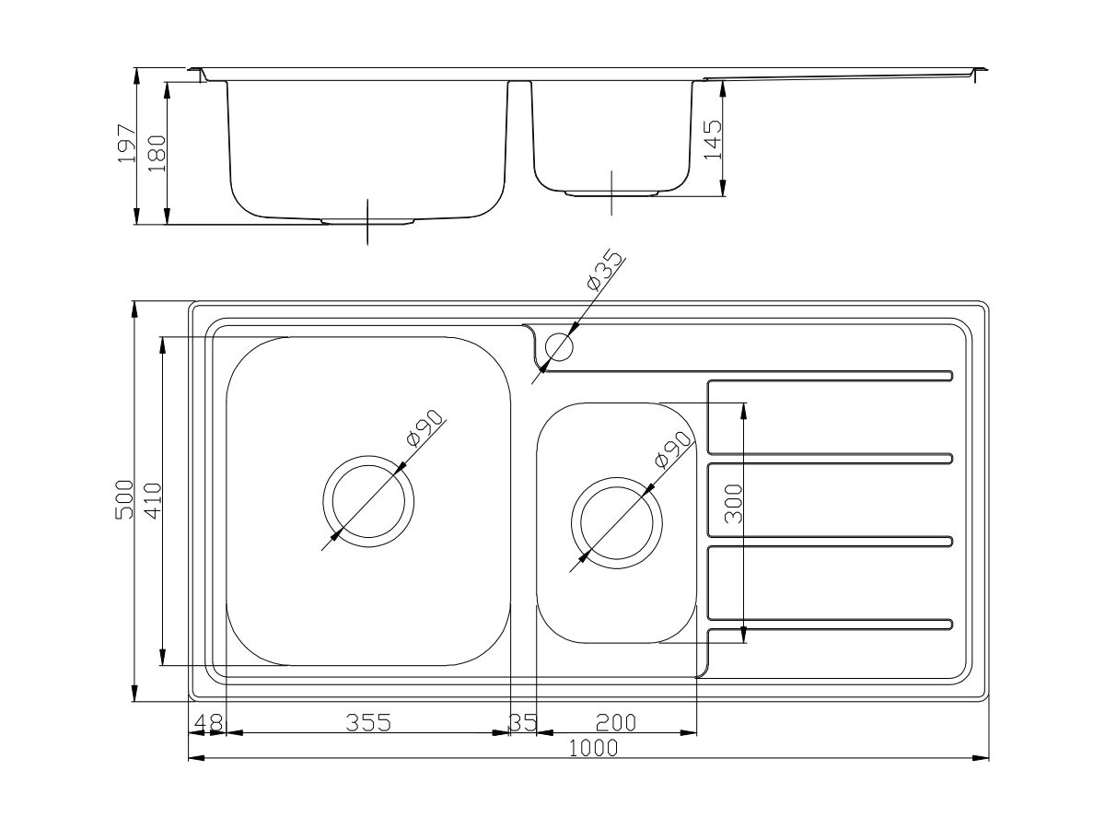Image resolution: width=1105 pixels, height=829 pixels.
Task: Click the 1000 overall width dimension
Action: pyautogui.click(x=593, y=749)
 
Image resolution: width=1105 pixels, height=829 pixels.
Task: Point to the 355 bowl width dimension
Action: pyautogui.click(x=368, y=723)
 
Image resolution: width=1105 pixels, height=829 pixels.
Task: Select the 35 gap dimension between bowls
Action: pyautogui.click(x=523, y=723)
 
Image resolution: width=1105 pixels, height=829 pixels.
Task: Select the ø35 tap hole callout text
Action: pyautogui.click(x=605, y=272)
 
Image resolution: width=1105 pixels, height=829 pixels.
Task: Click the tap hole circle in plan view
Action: pyautogui.click(x=559, y=347)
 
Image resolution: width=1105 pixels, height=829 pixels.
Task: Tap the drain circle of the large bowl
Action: pyautogui.click(x=367, y=501)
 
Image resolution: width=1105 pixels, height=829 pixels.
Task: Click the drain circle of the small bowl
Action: pyautogui.click(x=617, y=520)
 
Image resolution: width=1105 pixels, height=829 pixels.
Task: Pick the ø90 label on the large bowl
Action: pyautogui.click(x=425, y=428)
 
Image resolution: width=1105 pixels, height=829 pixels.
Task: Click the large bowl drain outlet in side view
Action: pyautogui.click(x=367, y=221)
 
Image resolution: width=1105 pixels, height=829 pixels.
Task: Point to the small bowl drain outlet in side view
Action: pyautogui.click(x=611, y=193)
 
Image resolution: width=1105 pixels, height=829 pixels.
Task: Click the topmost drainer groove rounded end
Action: pyautogui.click(x=948, y=375)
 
